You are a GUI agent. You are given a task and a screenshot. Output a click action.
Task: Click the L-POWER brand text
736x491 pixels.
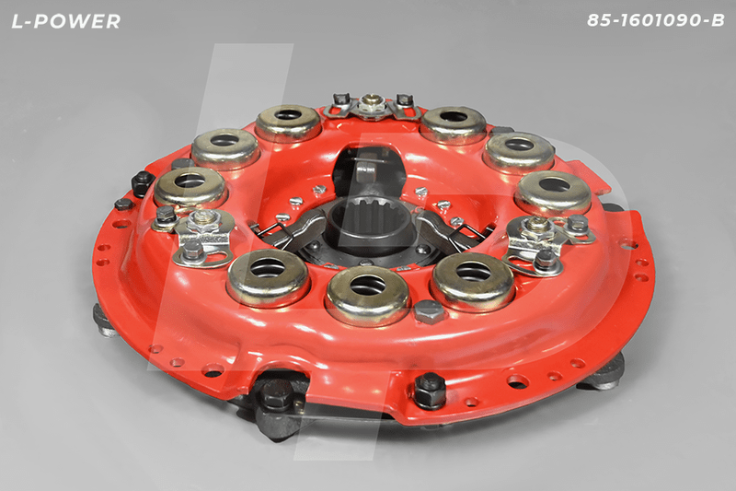click(x=65, y=21)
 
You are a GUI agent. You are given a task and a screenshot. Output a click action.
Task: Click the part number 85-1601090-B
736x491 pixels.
click(x=656, y=20)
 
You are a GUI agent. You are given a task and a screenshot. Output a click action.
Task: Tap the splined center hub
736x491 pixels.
click(x=371, y=225)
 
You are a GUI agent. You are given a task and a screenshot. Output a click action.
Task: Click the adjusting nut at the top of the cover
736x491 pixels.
click(x=369, y=103)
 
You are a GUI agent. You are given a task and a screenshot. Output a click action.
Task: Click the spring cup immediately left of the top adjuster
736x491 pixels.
click(x=288, y=123)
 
